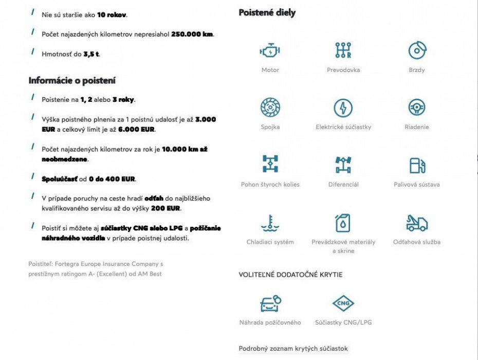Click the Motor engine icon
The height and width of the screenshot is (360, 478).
tap(270, 51)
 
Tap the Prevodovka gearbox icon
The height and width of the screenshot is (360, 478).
tap(343, 50)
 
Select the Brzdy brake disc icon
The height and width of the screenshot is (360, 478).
tap(417, 50)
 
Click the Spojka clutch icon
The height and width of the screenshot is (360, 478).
tap(270, 108)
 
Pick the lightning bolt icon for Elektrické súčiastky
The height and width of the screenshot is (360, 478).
tap(343, 108)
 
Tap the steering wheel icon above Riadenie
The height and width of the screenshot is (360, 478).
tap(417, 108)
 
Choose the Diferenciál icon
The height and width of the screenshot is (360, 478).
tap(343, 165)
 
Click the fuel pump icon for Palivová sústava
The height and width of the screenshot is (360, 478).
tap(417, 165)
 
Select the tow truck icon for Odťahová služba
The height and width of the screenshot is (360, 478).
tap(417, 223)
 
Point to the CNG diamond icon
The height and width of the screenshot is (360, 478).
tap(343, 303)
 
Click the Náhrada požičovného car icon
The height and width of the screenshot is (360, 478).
tap(270, 303)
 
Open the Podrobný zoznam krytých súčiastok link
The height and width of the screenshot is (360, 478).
tap(293, 349)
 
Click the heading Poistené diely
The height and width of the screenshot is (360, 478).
tap(267, 13)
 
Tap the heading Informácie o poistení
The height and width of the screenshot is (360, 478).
tap(72, 81)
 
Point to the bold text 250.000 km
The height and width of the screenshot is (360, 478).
tap(192, 34)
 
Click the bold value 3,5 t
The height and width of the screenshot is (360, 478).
tap(91, 54)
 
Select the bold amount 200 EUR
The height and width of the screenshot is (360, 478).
tap(167, 209)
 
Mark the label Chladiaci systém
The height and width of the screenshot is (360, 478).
tap(270, 242)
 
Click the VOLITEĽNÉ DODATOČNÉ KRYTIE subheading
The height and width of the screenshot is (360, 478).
tap(290, 275)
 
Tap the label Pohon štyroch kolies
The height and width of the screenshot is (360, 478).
tap(270, 184)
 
